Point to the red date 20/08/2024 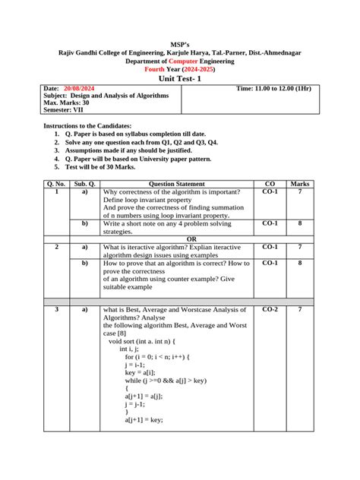click(x=80, y=89)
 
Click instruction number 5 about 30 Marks click(x=115, y=166)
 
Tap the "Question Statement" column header click(x=177, y=185)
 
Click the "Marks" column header click(x=300, y=185)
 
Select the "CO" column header click(x=270, y=185)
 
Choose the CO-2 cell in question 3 click(x=270, y=310)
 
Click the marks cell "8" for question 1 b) click(x=300, y=223)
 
